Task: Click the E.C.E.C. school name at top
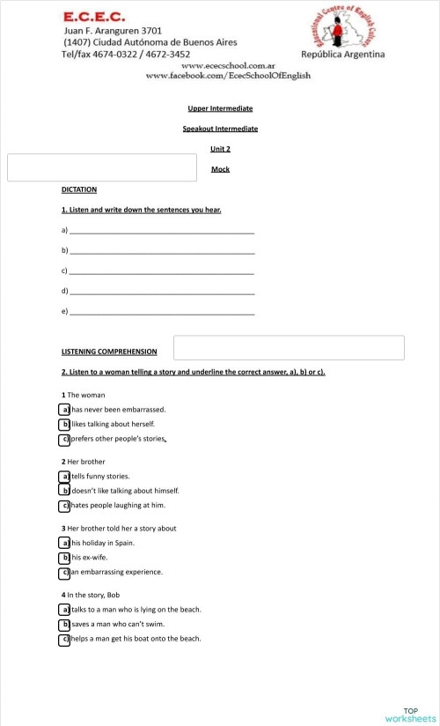click(x=93, y=16)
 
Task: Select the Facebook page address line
click(x=227, y=76)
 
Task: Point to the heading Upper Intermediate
click(x=220, y=108)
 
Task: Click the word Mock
click(x=220, y=168)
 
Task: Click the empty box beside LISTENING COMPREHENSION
click(x=289, y=348)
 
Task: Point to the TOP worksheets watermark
click(x=410, y=715)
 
